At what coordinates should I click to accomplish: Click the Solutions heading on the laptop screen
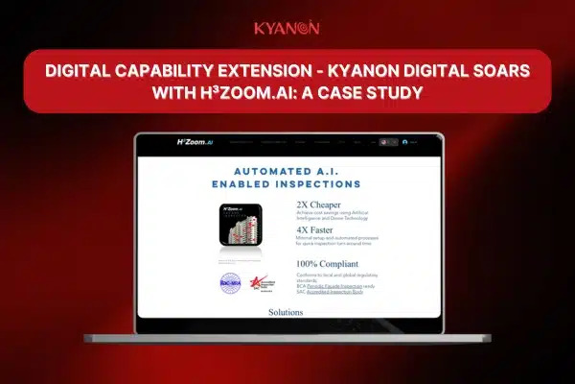point(286,312)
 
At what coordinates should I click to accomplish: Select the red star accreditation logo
point(255,283)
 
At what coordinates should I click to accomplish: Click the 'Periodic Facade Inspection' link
point(336,288)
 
